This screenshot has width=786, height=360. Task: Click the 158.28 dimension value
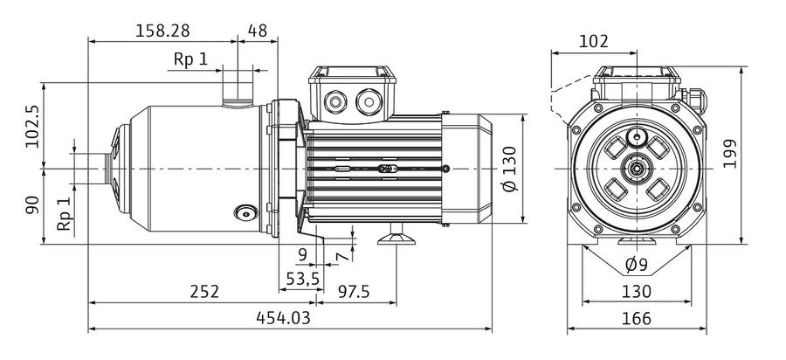pos(163,31)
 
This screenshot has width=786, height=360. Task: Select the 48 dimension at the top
pos(257,31)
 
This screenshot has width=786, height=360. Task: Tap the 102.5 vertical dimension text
pos(33,126)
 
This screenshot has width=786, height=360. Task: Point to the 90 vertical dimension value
pos(32,205)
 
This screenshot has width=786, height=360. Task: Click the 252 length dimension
pos(204,292)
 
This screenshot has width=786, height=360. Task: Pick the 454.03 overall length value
pos(283,318)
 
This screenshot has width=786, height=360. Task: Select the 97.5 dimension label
pos(354,292)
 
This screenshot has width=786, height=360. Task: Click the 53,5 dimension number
pos(303,278)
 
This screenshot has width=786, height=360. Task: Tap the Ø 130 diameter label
pos(509,169)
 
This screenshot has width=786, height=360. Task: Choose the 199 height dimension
pos(730,154)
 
